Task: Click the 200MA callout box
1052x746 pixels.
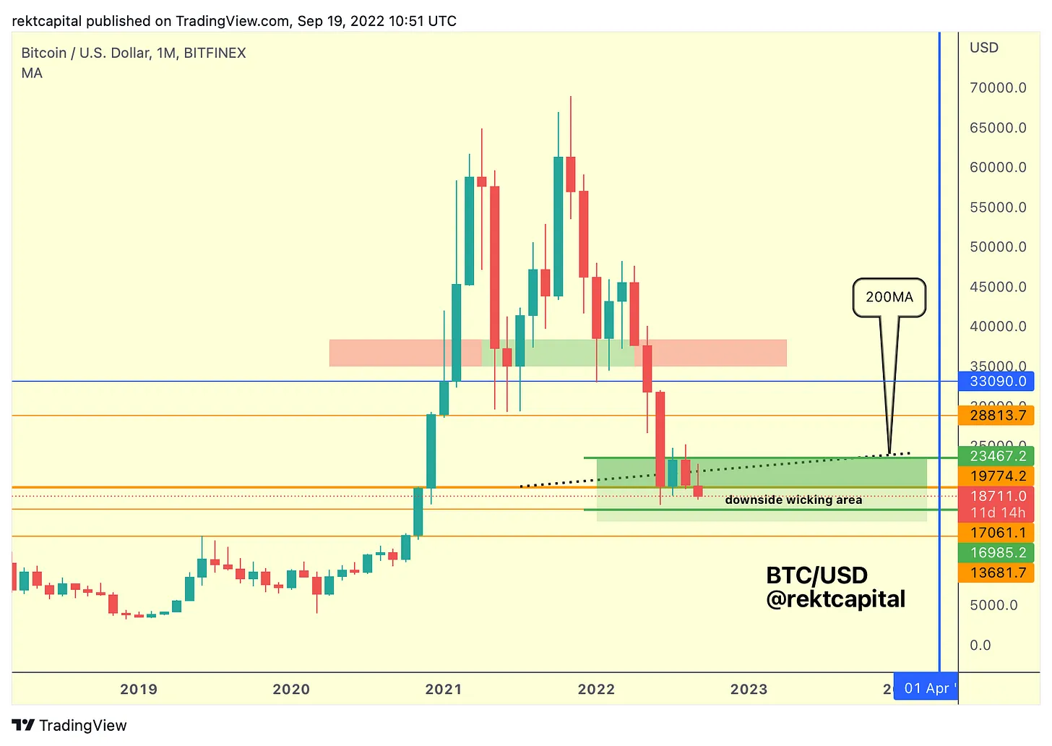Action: (889, 297)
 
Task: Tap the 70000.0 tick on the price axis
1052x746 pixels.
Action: (998, 88)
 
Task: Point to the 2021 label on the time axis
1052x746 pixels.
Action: (444, 689)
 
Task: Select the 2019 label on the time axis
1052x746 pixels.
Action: (139, 689)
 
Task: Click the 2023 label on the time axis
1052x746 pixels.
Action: (749, 689)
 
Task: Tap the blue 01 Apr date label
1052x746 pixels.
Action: (927, 688)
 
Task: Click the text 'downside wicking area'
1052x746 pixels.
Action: (793, 500)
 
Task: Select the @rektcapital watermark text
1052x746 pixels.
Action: (835, 599)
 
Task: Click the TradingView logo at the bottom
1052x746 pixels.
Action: (69, 725)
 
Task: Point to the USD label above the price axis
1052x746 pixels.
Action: (983, 48)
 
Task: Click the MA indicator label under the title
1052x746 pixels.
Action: (32, 73)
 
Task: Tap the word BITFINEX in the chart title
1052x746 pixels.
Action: (215, 53)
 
